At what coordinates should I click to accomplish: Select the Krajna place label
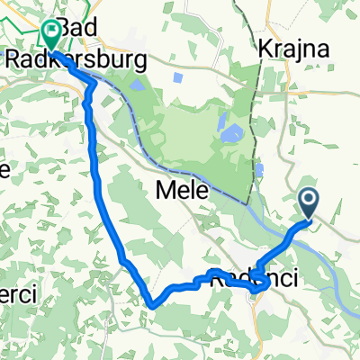287,48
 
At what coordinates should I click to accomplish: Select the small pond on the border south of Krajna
260,168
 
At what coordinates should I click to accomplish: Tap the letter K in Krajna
265,48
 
